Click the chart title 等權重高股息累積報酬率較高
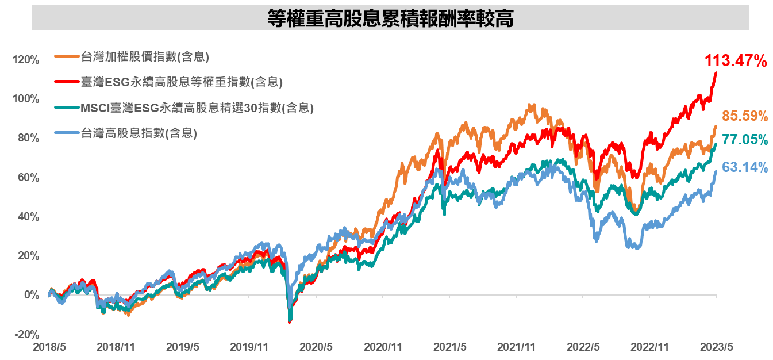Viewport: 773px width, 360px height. tap(390, 18)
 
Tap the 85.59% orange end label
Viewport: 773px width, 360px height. tap(745, 116)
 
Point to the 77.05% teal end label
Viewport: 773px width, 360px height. tap(745, 140)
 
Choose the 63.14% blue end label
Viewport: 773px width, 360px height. tap(745, 167)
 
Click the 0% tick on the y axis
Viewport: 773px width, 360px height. tap(30, 295)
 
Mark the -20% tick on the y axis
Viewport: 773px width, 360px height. tap(26, 335)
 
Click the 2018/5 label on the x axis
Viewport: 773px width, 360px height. tap(49, 347)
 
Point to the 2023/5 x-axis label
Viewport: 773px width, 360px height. tap(716, 347)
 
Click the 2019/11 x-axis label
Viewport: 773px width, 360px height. tap(249, 347)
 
